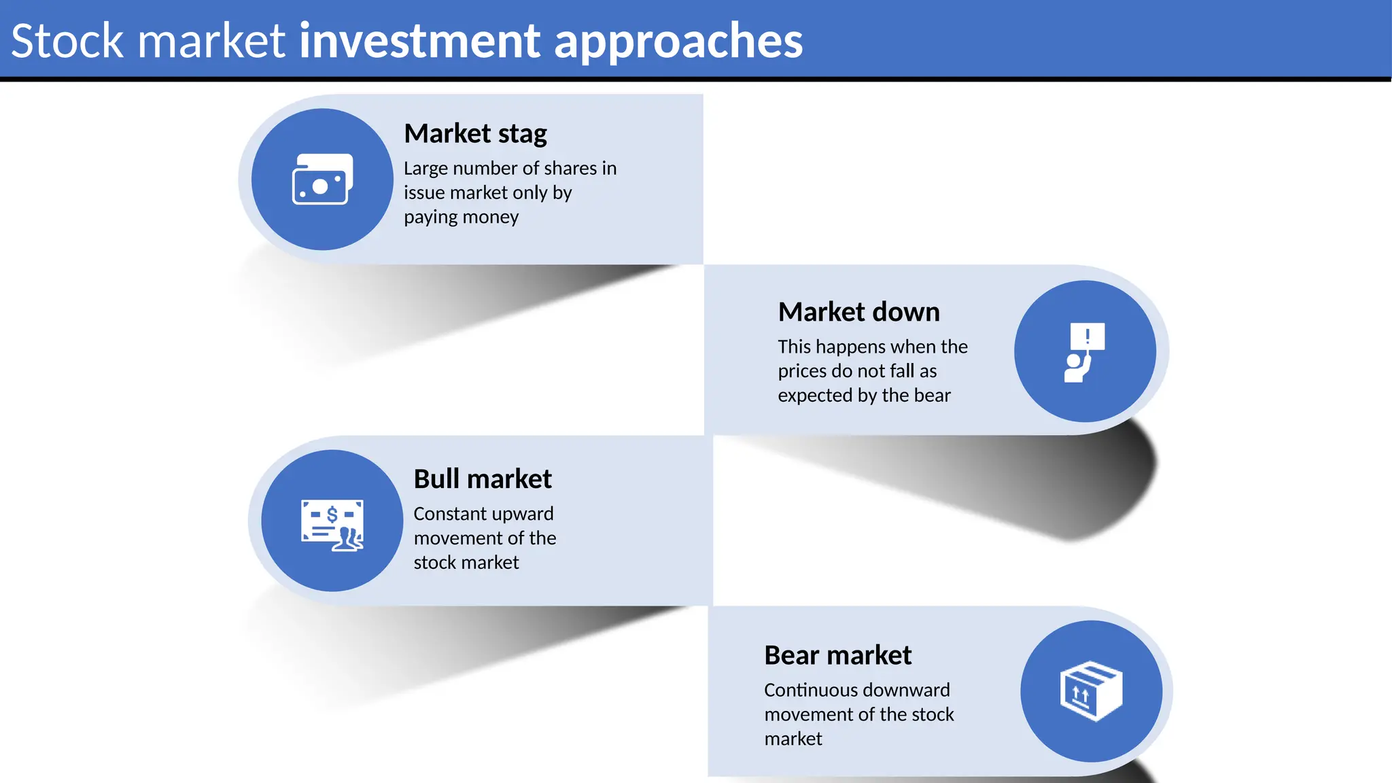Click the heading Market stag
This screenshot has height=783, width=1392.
pyautogui.click(x=475, y=134)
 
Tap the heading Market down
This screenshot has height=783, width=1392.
pyautogui.click(x=858, y=312)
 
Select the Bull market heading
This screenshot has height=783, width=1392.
pyautogui.click(x=482, y=479)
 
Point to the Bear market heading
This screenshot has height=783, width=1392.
pyautogui.click(x=837, y=655)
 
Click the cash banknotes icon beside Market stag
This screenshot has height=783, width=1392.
pyautogui.click(x=322, y=179)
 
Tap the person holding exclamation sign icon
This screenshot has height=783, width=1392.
pyautogui.click(x=1084, y=352)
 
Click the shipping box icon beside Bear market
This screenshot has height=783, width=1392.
pyautogui.click(x=1091, y=691)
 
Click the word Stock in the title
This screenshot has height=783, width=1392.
pyautogui.click(x=67, y=41)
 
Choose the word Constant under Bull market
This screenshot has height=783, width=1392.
pyautogui.click(x=449, y=514)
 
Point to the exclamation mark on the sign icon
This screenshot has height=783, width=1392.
pyautogui.click(x=1087, y=335)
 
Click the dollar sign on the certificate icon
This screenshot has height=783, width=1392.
pyautogui.click(x=332, y=515)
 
